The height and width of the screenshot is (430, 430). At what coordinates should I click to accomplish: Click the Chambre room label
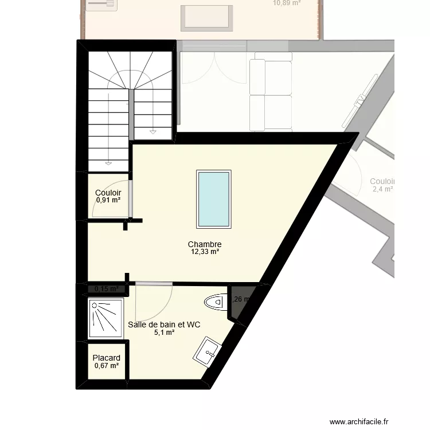coord(204,244)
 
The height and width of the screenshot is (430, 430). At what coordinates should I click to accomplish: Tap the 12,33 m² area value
coord(205,251)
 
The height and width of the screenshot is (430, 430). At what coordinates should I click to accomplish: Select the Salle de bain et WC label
coord(164,325)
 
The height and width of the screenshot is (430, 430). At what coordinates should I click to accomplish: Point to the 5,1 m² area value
coord(164,332)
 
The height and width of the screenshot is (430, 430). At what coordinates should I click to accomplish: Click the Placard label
coord(106,358)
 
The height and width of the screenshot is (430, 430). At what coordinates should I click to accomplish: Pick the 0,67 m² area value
coord(106,366)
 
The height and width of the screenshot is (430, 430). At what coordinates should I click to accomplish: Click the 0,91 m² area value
coord(108,200)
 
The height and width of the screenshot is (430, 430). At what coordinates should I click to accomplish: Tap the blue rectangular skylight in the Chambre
coord(213,198)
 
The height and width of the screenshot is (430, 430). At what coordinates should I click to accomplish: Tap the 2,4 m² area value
coord(382,189)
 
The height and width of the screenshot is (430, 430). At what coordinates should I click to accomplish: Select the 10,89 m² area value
coord(287,3)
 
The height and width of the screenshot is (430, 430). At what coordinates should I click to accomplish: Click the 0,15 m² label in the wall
coord(106,289)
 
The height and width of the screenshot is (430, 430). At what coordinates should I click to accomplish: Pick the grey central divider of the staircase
coord(131,114)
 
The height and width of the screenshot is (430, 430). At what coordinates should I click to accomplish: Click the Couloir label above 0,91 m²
coord(108,193)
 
